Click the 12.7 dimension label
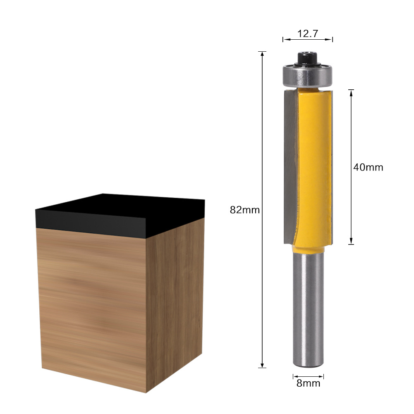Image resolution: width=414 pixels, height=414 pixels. point(308,34)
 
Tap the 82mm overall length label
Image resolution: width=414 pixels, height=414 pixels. point(245,210)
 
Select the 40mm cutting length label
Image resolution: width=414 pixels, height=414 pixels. point(368,168)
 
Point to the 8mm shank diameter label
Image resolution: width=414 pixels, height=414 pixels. point(308,383)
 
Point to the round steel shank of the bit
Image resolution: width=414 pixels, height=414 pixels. point(308,310)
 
